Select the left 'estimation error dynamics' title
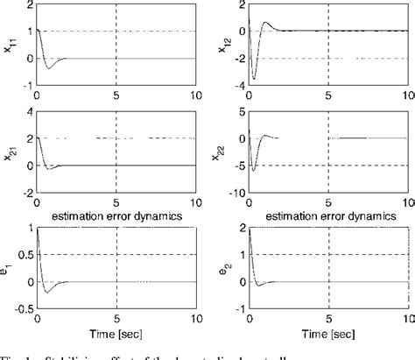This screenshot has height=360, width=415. [x=116, y=215]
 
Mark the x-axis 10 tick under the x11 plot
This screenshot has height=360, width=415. [x=194, y=95]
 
